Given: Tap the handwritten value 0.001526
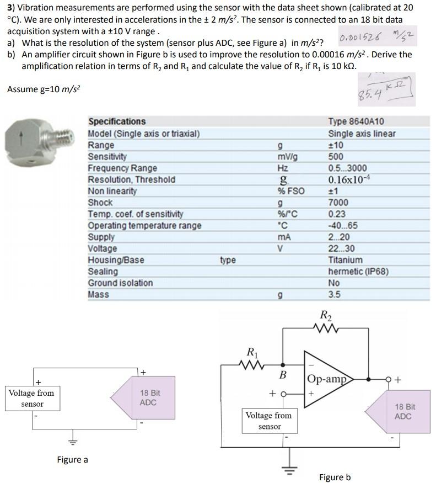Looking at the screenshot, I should pyautogui.click(x=362, y=39).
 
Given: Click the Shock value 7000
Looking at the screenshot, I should pyautogui.click(x=337, y=203).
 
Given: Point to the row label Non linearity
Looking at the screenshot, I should pyautogui.click(x=112, y=191).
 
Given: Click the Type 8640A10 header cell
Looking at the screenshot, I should pyautogui.click(x=356, y=121).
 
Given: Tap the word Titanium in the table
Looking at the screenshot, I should pyautogui.click(x=345, y=260).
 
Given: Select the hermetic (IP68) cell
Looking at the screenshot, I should pyautogui.click(x=358, y=272).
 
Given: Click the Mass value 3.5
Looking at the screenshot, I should pyautogui.click(x=334, y=295).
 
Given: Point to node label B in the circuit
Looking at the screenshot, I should pyautogui.click(x=283, y=376).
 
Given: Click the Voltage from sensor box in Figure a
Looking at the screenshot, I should pyautogui.click(x=31, y=398).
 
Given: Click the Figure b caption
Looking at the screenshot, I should pyautogui.click(x=335, y=476).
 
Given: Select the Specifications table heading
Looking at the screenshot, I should pyautogui.click(x=117, y=121).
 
